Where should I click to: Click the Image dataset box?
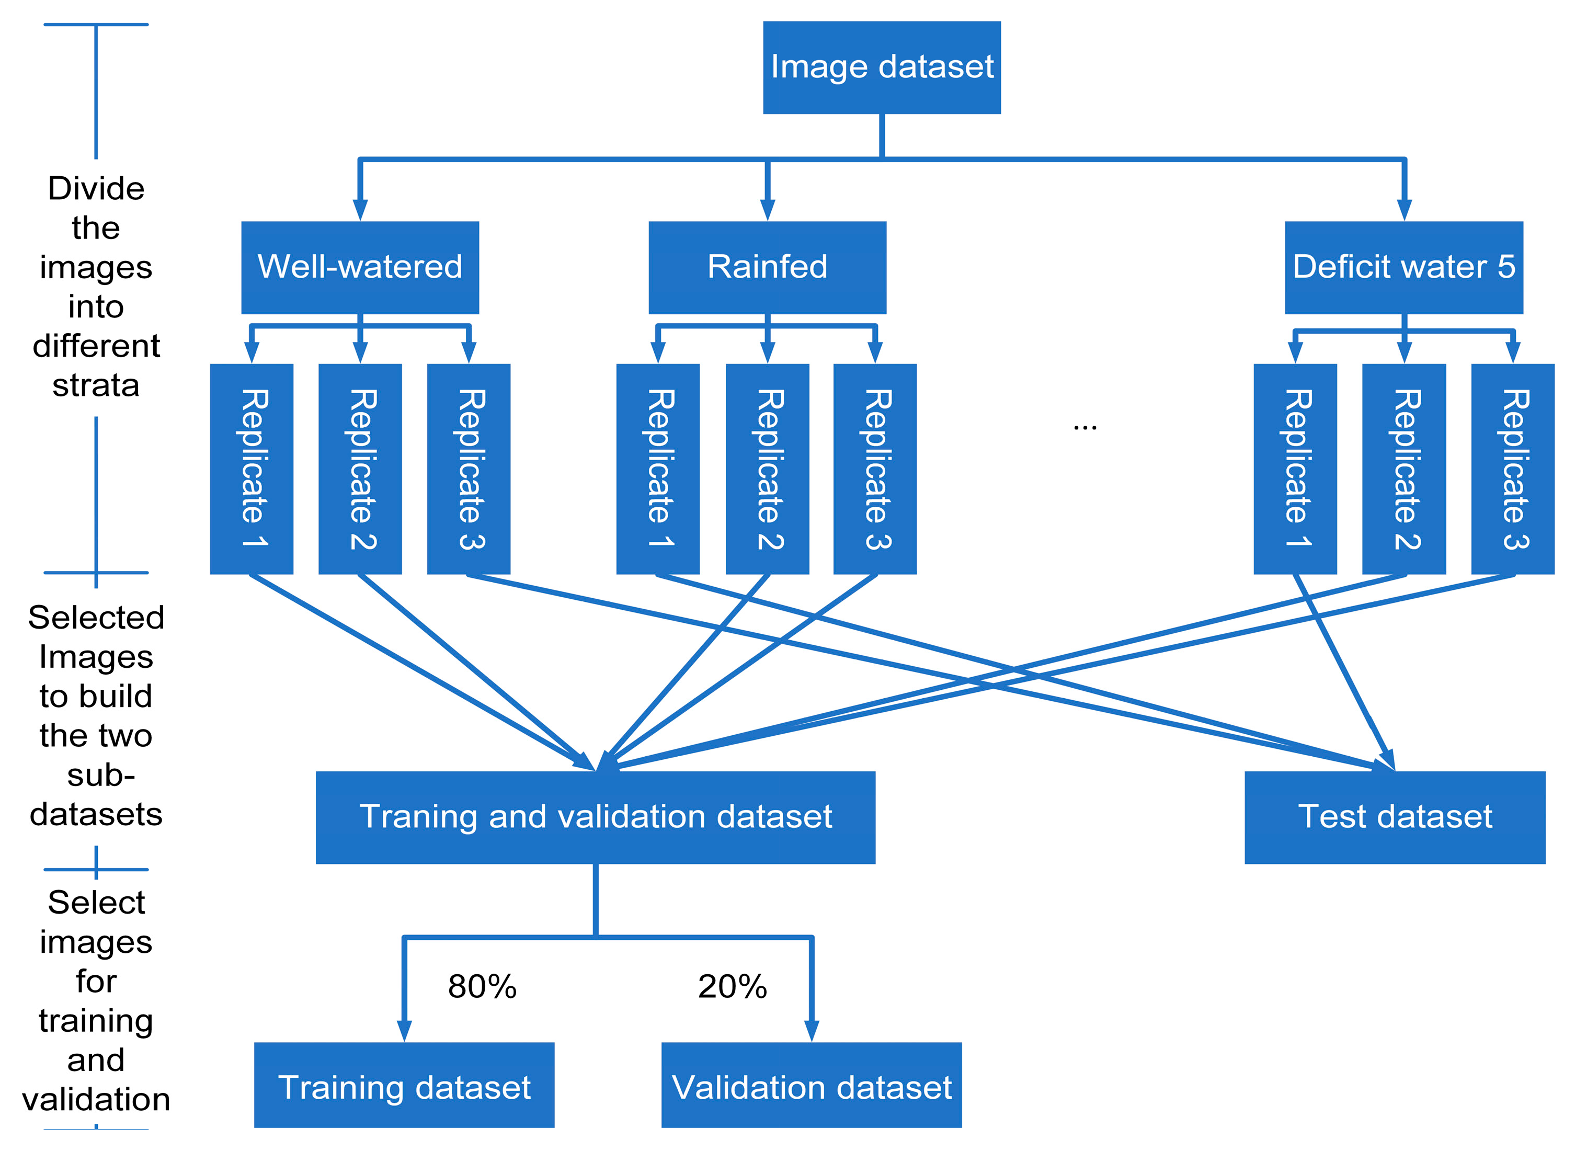(x=882, y=67)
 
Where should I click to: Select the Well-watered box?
(x=360, y=267)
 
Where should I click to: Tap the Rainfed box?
(x=767, y=267)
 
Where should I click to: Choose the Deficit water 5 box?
(x=1403, y=267)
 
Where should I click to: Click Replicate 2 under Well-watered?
(x=360, y=469)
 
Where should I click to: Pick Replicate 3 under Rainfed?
(x=875, y=469)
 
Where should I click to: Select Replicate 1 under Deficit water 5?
(x=1295, y=469)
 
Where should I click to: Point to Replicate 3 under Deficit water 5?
(x=1513, y=469)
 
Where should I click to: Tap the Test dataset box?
(x=1395, y=817)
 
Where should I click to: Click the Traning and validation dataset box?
(x=596, y=817)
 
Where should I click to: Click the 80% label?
(x=482, y=987)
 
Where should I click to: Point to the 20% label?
(x=732, y=987)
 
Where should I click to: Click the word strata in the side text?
(x=96, y=385)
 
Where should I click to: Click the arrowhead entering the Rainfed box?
(x=768, y=210)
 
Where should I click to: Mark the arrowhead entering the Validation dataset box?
(x=812, y=1030)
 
